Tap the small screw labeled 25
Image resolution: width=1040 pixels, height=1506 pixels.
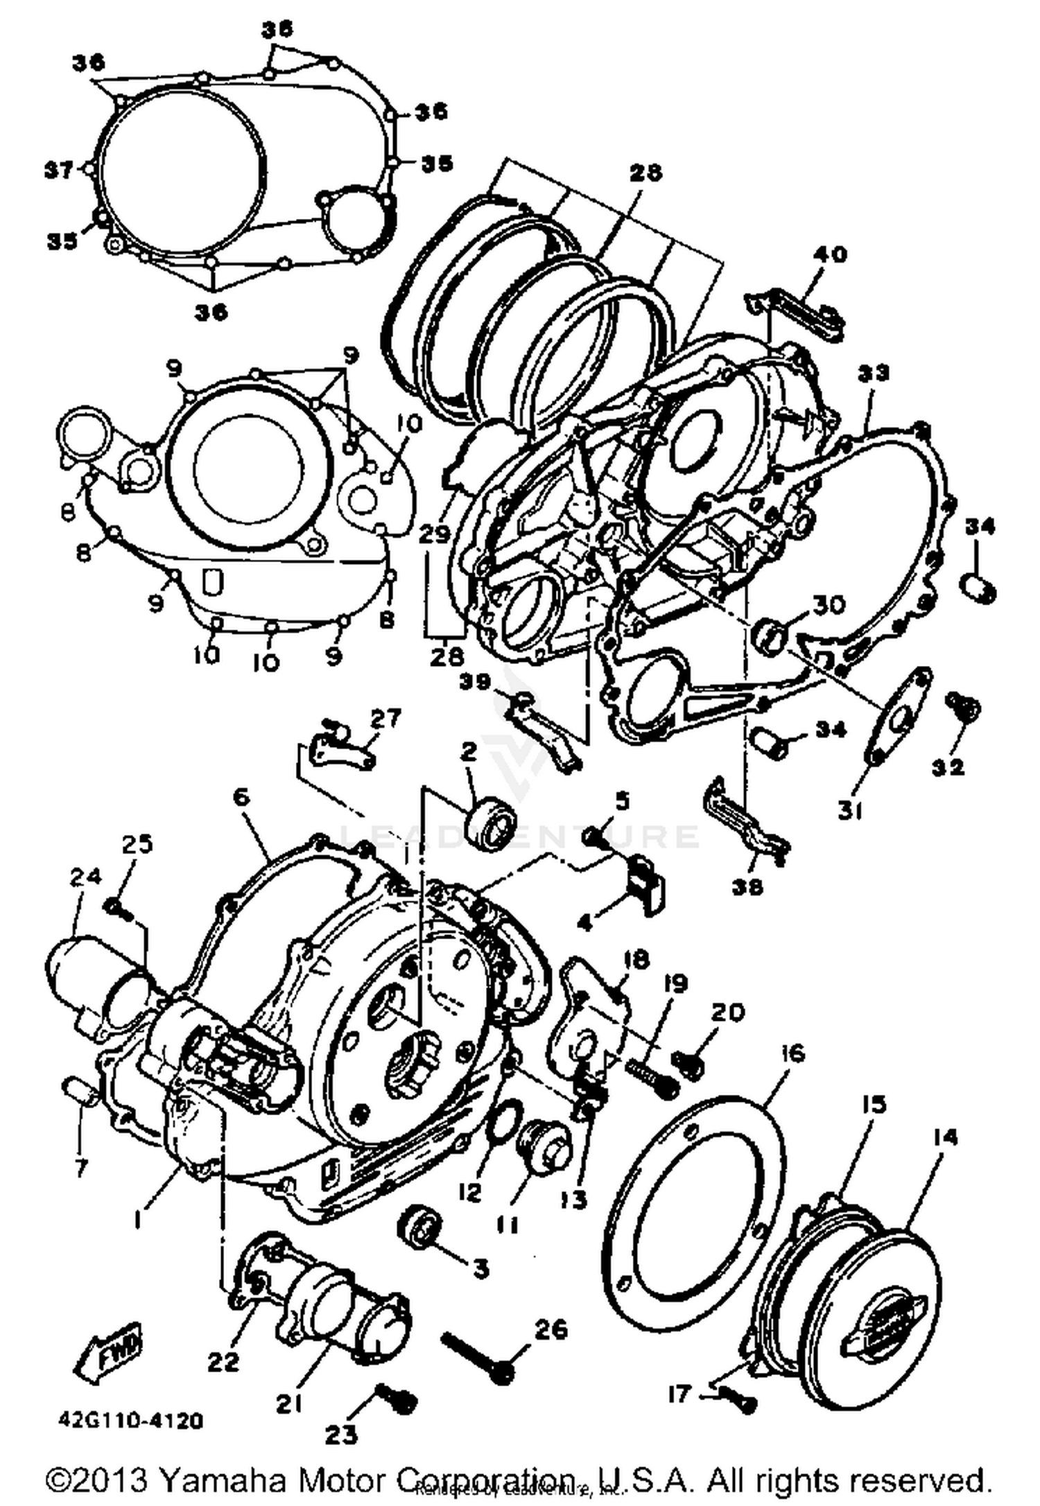tap(118, 909)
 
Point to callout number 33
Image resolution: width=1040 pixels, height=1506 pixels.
tap(873, 374)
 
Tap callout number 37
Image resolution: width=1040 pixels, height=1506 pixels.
tap(59, 169)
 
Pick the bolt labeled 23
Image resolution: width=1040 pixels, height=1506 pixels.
tap(396, 1398)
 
